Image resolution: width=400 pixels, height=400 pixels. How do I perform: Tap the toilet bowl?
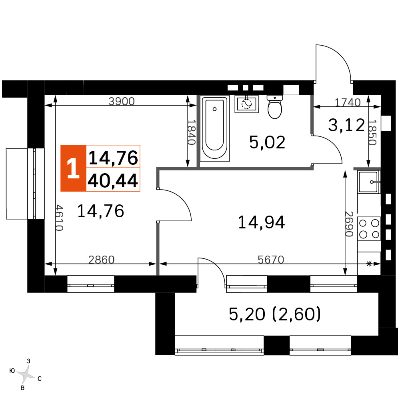tap(275, 107)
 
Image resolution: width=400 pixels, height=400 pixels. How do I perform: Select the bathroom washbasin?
tap(247, 104)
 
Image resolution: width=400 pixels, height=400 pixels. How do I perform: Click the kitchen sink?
tap(369, 182)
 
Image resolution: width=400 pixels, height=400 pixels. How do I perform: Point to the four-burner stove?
tap(369, 228)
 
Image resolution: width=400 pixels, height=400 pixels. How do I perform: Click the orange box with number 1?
tap(73, 168)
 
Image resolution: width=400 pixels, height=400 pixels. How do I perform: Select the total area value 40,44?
tap(113, 180)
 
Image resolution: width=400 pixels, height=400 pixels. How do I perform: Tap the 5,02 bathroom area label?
tap(267, 142)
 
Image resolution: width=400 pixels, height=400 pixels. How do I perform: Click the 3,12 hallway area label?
tap(346, 125)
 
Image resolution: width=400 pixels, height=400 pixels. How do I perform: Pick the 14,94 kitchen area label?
tap(261, 222)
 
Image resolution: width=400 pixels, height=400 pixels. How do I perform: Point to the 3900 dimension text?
tap(122, 101)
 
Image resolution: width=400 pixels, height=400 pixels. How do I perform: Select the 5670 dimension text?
tap(271, 260)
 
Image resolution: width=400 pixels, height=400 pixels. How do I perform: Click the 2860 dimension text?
tap(101, 260)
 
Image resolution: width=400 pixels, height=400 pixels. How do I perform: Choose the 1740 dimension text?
tap(348, 102)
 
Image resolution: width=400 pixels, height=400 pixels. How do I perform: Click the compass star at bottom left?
tap(25, 375)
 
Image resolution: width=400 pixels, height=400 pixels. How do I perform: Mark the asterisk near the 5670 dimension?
tap(369, 264)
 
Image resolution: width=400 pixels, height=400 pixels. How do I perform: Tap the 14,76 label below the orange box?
tap(100, 211)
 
